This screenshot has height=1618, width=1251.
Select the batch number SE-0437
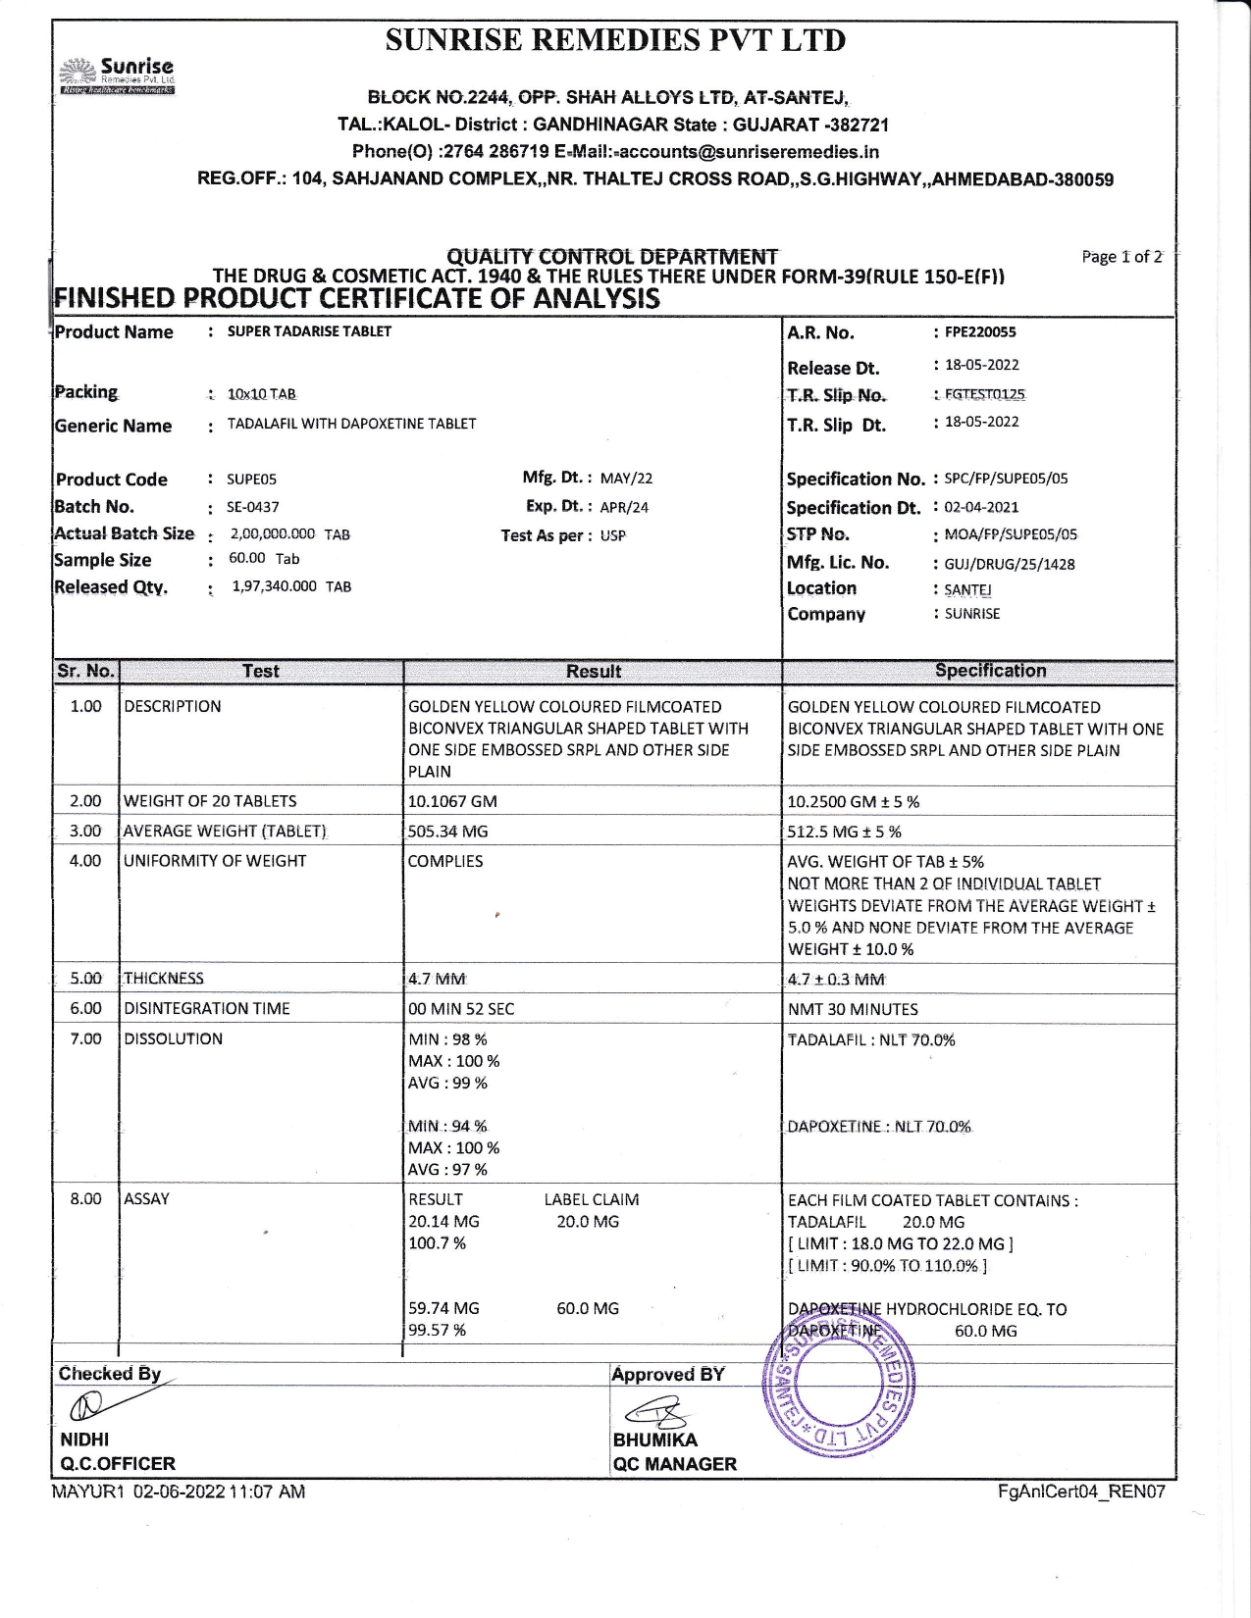[253, 507]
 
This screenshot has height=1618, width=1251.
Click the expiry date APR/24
[624, 507]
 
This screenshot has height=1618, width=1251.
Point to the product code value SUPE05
[251, 480]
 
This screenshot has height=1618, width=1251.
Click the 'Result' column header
[593, 672]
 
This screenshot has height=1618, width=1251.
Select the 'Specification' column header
[990, 671]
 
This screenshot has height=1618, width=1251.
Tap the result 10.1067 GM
[452, 801]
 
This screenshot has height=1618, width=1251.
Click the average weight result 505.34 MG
[447, 832]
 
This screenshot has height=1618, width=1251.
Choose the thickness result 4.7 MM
[437, 979]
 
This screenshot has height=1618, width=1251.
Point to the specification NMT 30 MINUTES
[853, 1009]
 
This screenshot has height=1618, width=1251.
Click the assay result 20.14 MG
[443, 1222]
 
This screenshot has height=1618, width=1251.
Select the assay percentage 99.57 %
[437, 1331]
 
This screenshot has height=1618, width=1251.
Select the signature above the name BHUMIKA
[654, 1413]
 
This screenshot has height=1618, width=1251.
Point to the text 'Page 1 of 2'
[1121, 257]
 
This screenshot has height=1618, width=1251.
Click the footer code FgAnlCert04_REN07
[1081, 1492]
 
